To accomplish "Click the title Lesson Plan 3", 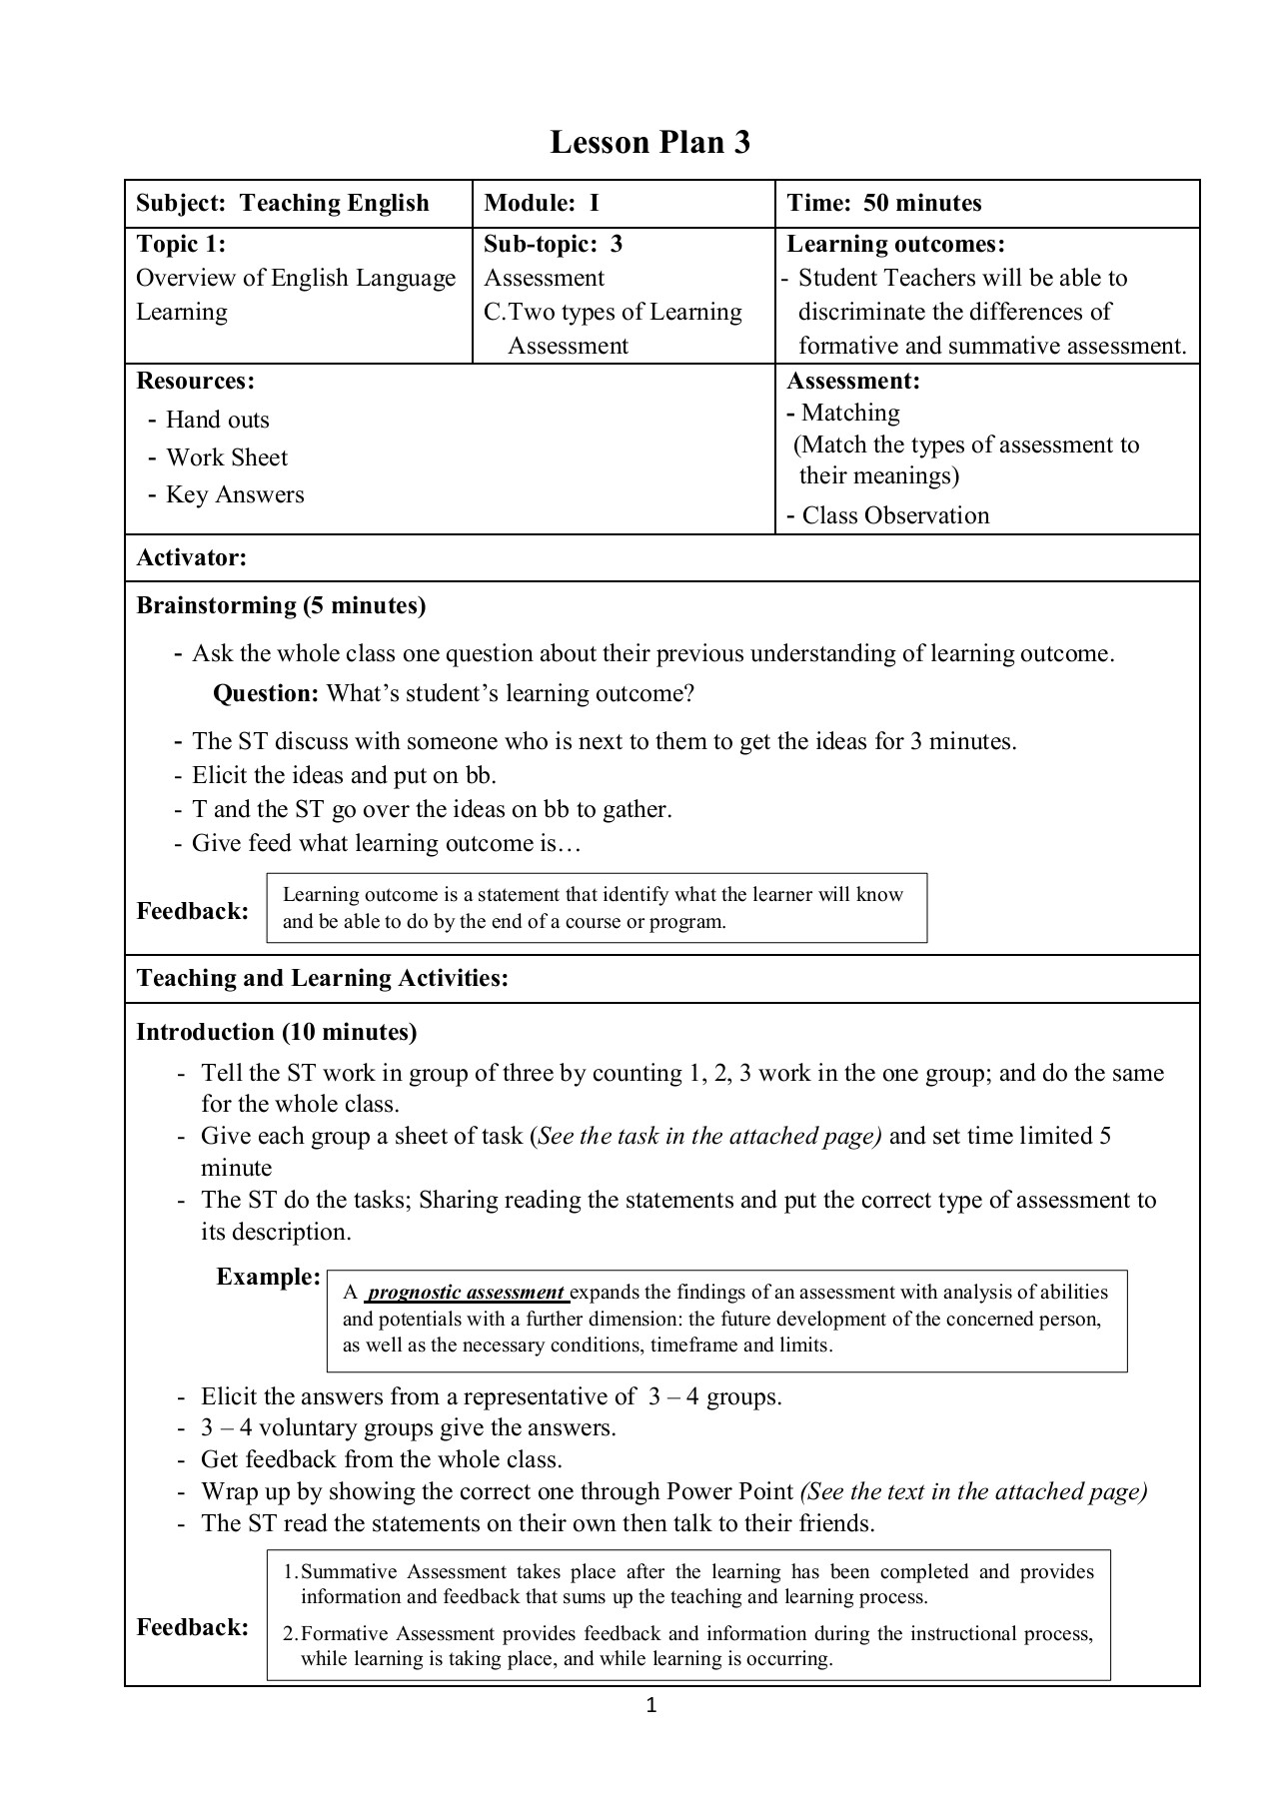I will pos(649,143).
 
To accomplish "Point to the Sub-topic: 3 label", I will pos(553,244).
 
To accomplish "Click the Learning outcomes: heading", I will pos(895,244).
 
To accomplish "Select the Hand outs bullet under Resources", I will pos(217,420).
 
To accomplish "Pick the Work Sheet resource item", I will pos(226,457).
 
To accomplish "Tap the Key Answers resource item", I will pos(235,494).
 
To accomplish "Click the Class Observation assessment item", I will pos(895,515).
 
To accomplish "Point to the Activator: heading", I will pos(191,557).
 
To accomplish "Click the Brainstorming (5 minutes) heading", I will pos(281,605).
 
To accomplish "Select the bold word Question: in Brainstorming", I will pos(266,693).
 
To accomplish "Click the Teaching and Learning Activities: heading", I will pos(322,978).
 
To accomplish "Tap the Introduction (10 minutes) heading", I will pos(277,1032).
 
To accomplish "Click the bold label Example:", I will pos(268,1277).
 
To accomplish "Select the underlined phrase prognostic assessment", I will pos(467,1293).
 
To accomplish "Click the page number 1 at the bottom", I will pos(651,1705).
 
